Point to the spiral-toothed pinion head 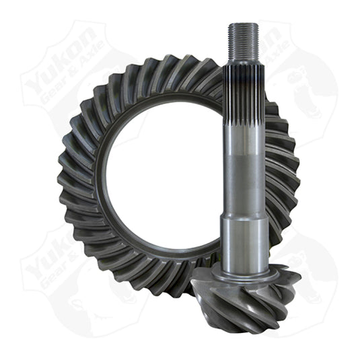[x=242, y=289]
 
